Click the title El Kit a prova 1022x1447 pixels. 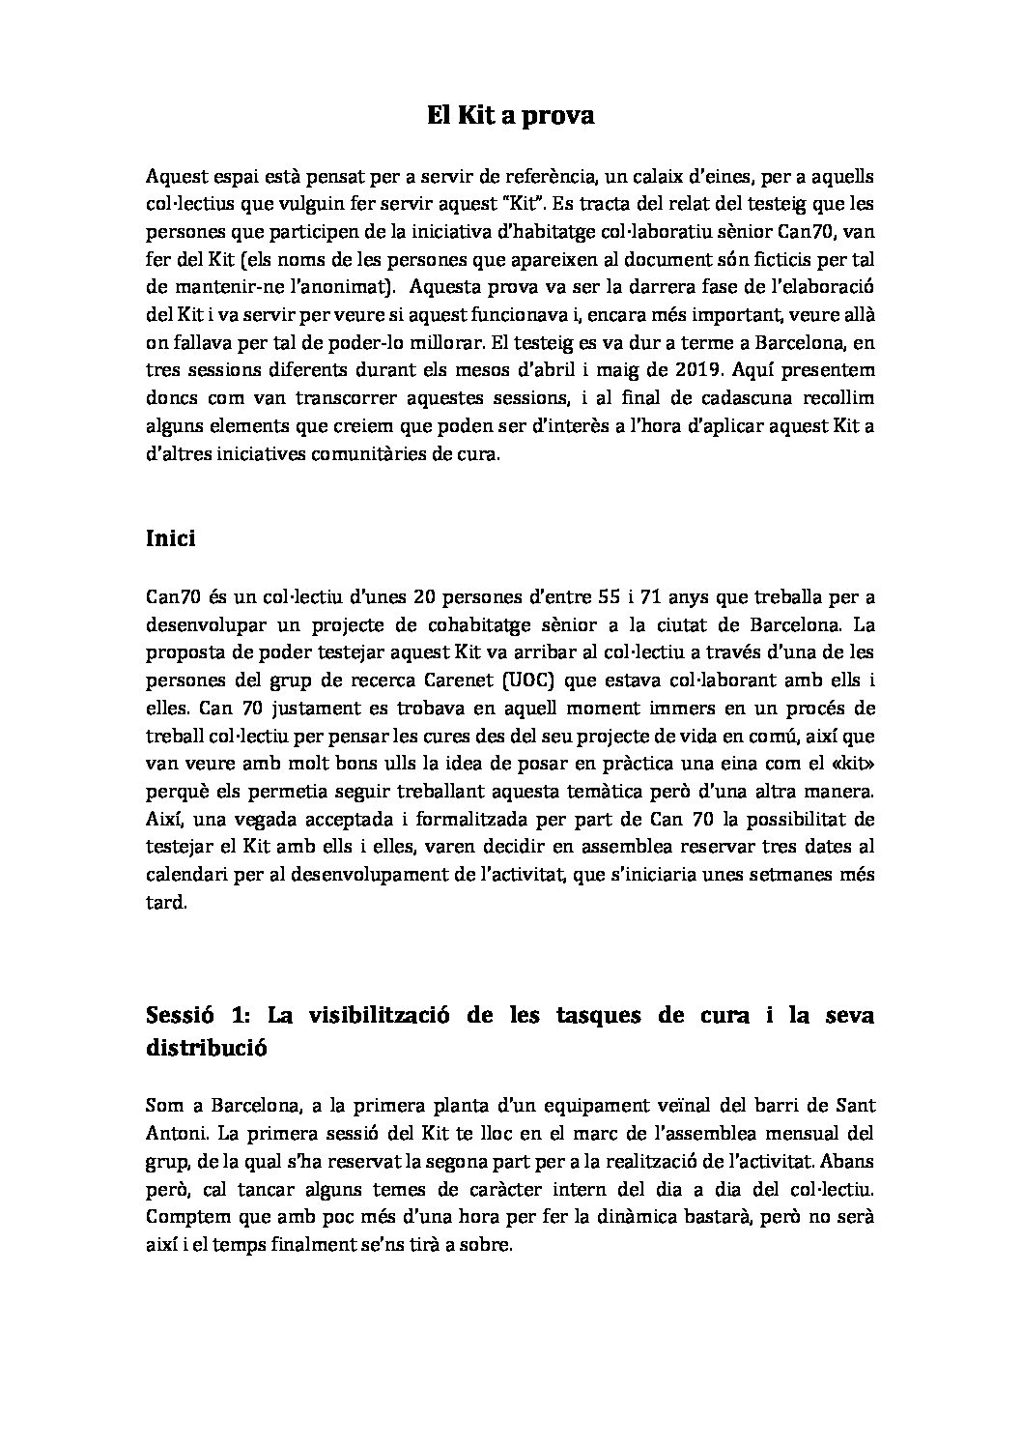[x=510, y=117]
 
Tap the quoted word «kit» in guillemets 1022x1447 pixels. [x=851, y=764]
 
